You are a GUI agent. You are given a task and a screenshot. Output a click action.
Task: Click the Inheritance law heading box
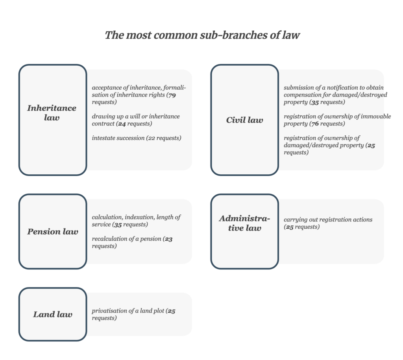[x=53, y=120]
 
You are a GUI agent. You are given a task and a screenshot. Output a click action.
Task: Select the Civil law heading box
[x=245, y=120]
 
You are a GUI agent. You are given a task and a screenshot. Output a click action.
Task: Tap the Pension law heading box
[x=53, y=231]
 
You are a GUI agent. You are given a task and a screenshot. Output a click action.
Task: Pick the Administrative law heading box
[x=245, y=231]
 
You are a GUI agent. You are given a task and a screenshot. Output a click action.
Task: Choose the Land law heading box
[x=53, y=314]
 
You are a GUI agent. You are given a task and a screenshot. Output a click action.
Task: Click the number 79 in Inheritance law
[x=172, y=95]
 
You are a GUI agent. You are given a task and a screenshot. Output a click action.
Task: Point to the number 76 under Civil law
[x=315, y=124]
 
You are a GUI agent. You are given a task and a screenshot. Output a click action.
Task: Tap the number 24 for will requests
[x=122, y=124]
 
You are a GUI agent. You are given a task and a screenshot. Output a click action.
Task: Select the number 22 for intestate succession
[x=152, y=138]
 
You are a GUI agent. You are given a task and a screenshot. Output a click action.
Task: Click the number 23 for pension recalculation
[x=168, y=239]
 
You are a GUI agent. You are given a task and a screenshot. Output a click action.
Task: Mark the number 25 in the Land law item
[x=172, y=311]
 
